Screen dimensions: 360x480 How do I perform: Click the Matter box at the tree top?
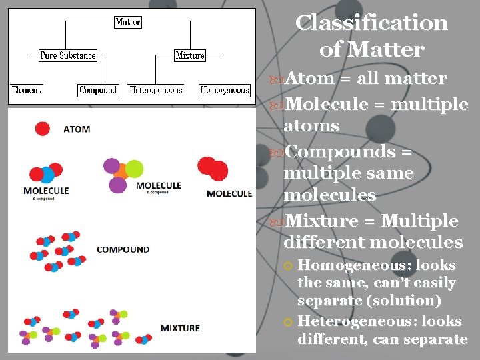point(127,22)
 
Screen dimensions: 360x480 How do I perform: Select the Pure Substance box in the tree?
point(67,55)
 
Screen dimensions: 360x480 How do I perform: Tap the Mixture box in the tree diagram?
point(189,55)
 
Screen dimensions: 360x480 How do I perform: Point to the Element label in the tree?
point(26,89)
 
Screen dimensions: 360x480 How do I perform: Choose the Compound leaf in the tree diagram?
point(97,89)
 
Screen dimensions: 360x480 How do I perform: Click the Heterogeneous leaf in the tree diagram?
point(156,89)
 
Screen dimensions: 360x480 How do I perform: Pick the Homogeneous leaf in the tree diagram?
point(225,89)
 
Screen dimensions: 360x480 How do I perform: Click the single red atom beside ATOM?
point(43,129)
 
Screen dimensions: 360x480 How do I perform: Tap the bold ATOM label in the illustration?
point(77,129)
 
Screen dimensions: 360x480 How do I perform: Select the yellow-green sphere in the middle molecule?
point(135,168)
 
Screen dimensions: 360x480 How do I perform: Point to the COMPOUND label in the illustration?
point(123,249)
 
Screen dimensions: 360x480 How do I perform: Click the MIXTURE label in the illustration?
point(180,328)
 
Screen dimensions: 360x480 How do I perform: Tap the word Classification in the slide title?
point(371,23)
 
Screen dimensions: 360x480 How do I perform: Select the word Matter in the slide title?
point(390,50)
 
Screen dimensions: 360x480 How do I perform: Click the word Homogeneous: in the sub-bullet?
point(354,265)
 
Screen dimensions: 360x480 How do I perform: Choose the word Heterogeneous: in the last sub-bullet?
point(354,321)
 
